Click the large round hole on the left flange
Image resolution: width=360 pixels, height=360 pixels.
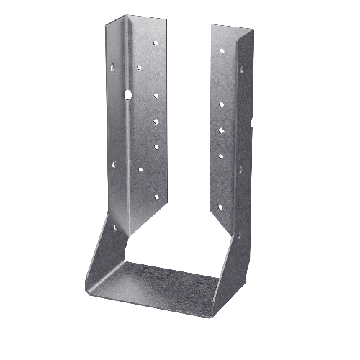pyautogui.click(x=127, y=94)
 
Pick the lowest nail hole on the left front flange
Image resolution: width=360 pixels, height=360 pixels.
pyautogui.click(x=156, y=196)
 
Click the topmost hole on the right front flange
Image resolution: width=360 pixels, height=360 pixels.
pyautogui.click(x=220, y=51)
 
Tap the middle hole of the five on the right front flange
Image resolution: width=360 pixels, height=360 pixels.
pyautogui.click(x=220, y=130)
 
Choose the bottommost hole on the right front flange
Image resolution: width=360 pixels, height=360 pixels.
pyautogui.click(x=220, y=207)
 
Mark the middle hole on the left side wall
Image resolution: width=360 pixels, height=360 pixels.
pyautogui.click(x=114, y=164)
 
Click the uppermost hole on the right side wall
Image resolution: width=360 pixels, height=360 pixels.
pyautogui.click(x=241, y=70)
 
